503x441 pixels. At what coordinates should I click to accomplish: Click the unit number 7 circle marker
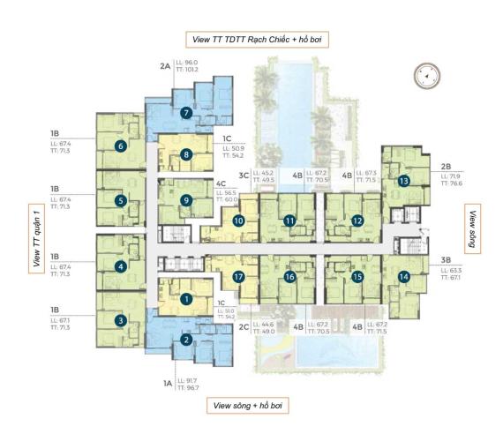(x=185, y=113)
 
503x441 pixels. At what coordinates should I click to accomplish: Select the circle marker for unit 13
(x=403, y=181)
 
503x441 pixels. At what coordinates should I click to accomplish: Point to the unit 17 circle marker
(x=237, y=277)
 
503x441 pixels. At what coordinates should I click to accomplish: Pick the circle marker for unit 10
(x=237, y=220)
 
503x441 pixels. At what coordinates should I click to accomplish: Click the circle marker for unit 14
(x=403, y=277)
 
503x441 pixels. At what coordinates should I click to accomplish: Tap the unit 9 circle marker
(x=185, y=200)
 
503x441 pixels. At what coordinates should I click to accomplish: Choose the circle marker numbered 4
(x=120, y=265)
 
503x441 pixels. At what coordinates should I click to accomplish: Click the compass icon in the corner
(x=426, y=77)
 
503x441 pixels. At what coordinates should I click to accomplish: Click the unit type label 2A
(x=163, y=65)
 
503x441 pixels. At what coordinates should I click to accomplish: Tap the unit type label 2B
(x=445, y=164)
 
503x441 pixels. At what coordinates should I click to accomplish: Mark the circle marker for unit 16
(x=289, y=277)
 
